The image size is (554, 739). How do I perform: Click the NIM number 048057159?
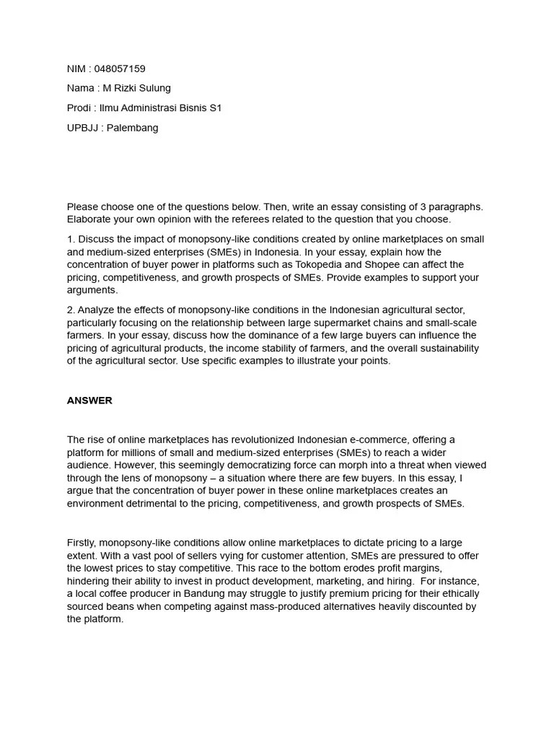(x=120, y=69)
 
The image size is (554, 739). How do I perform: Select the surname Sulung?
(x=154, y=88)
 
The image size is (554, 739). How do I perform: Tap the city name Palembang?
(x=133, y=128)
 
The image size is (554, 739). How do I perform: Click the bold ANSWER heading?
(x=89, y=401)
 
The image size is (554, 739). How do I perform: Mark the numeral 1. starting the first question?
(x=71, y=239)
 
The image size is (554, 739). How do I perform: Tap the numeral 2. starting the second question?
(x=71, y=310)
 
